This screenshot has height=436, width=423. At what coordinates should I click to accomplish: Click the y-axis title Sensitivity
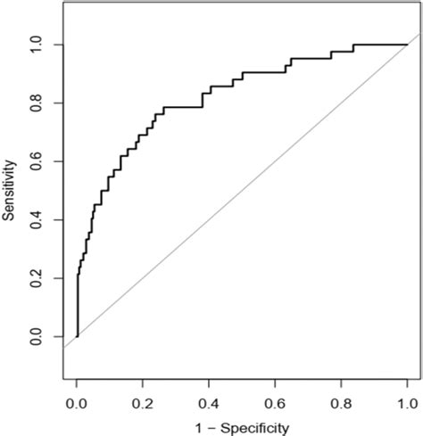coord(12,191)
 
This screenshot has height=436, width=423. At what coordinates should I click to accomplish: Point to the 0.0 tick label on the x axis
coord(77,403)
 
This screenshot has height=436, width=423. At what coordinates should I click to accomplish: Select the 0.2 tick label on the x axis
coord(143,403)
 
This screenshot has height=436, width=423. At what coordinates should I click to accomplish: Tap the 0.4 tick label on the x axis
coord(209,403)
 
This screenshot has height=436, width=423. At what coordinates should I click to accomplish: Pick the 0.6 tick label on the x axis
coord(275,403)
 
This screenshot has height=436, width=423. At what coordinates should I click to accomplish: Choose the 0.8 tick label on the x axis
coord(341,403)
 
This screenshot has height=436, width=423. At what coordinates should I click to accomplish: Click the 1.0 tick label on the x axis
coord(407,403)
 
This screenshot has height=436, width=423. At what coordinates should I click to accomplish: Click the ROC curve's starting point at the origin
coord(78,336)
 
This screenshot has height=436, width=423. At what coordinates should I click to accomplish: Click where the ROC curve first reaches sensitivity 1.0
coord(354,45)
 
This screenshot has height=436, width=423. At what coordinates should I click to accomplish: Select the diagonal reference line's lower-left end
coord(65,347)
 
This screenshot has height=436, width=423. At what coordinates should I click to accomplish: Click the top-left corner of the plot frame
coord(65,4)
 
